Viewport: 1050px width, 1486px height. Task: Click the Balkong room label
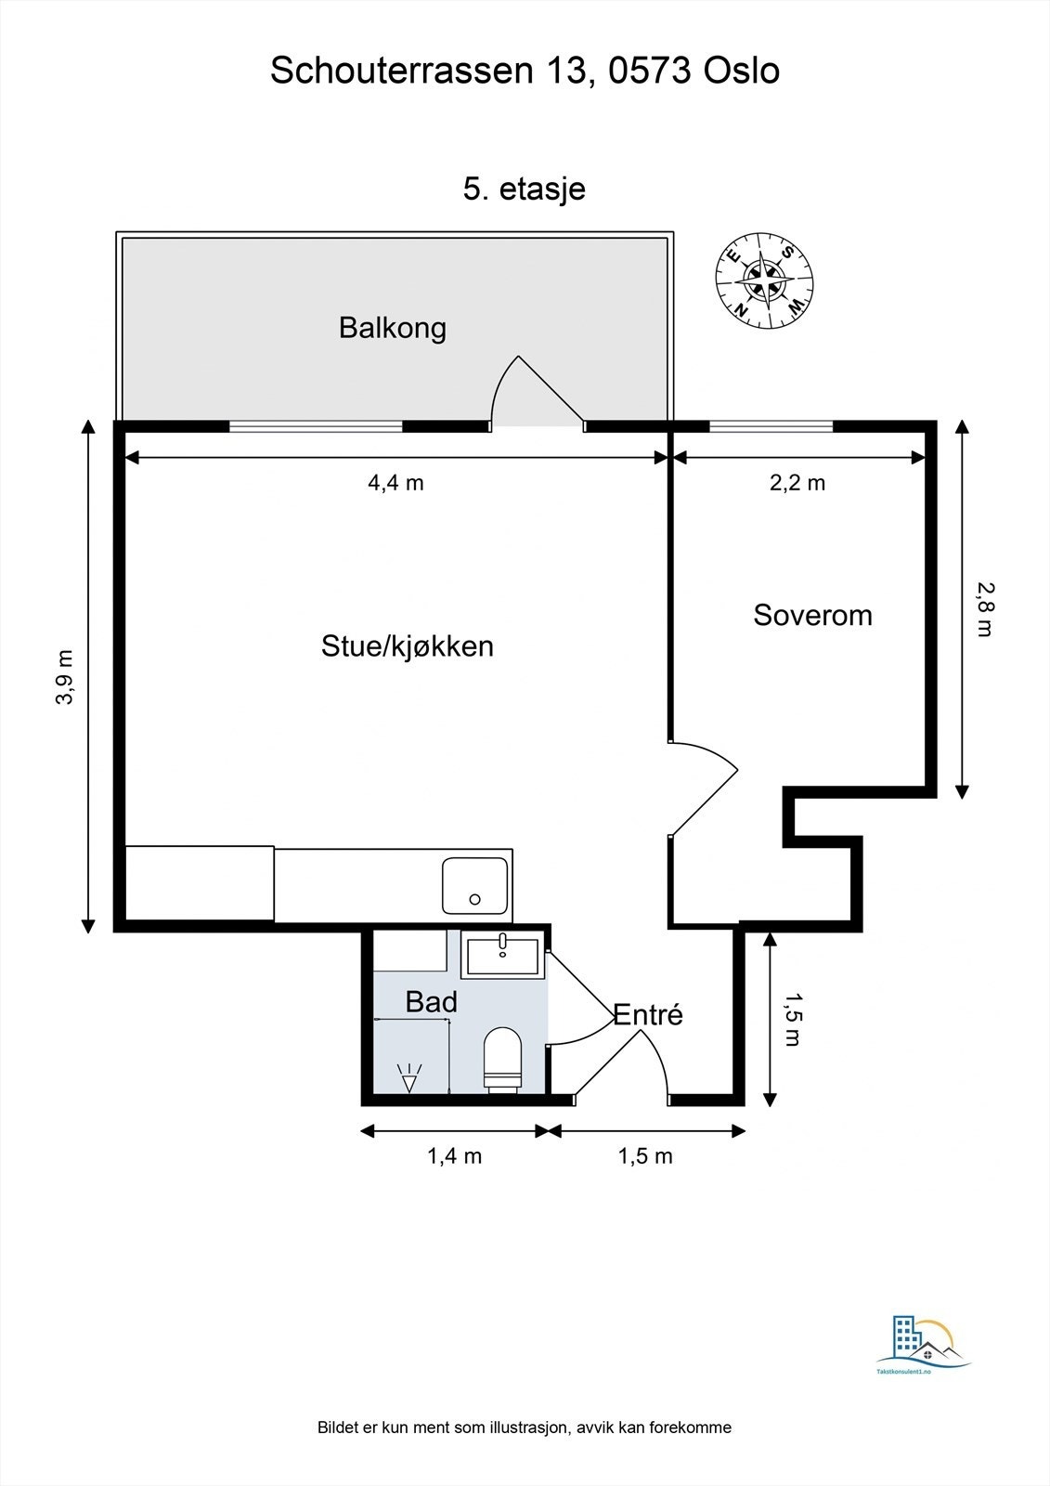[392, 328]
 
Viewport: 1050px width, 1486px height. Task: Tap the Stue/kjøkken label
[407, 645]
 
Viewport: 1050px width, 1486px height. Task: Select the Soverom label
[812, 615]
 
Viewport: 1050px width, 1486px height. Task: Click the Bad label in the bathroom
[431, 1002]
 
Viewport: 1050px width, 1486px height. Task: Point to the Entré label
[648, 1015]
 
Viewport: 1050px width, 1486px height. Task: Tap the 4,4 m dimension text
[395, 483]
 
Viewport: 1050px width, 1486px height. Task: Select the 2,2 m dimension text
[797, 483]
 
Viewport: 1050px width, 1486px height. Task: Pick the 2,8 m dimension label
[985, 608]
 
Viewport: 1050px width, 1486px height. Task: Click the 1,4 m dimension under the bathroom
[454, 1156]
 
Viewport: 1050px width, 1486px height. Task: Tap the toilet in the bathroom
[502, 1060]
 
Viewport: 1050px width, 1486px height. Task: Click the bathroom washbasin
[502, 957]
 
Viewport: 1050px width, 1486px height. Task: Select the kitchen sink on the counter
[475, 885]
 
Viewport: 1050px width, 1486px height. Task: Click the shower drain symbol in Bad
[408, 1078]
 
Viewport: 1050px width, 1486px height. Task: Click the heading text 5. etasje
[524, 189]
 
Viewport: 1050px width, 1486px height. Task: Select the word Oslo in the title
[742, 72]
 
